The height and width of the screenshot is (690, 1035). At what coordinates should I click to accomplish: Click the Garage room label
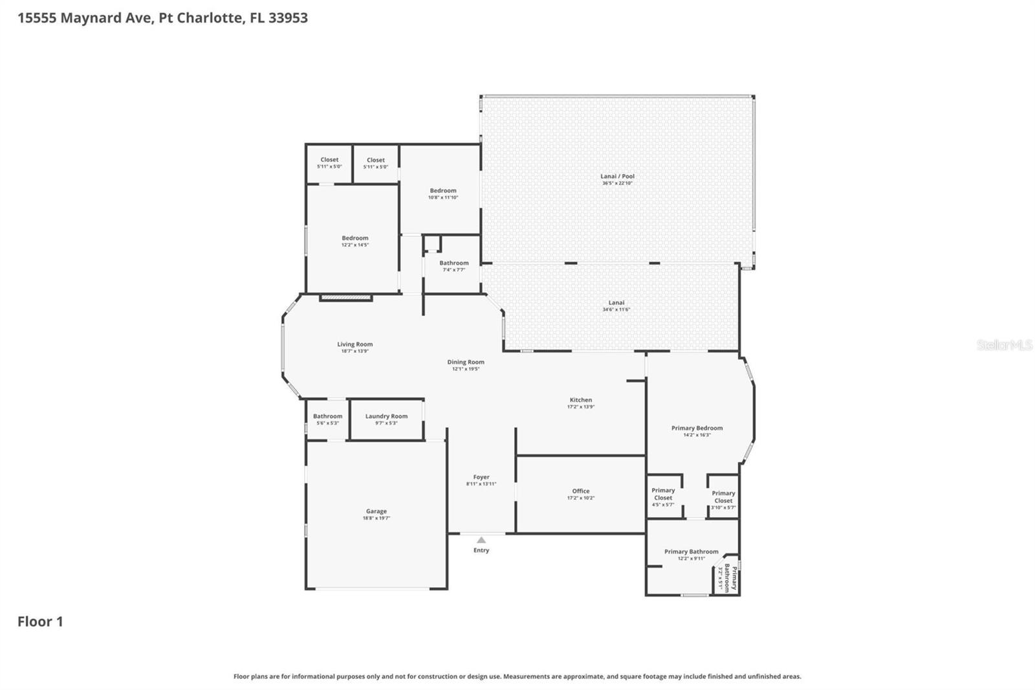[x=376, y=511]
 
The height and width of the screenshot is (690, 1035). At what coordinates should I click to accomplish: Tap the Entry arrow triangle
[x=481, y=540]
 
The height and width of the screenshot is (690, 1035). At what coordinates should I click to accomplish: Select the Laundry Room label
[x=386, y=416]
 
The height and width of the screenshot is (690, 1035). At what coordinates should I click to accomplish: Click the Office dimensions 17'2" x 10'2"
[x=580, y=498]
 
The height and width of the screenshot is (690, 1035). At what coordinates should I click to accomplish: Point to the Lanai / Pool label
[x=617, y=176]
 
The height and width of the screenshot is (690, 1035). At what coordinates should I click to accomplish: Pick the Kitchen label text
[x=580, y=400]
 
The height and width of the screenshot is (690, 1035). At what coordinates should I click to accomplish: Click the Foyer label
[x=481, y=477]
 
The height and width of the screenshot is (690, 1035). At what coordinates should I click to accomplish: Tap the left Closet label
[x=329, y=160]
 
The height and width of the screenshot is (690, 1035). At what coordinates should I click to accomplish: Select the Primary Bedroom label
[x=697, y=428]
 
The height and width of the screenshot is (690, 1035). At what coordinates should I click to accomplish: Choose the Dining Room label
[x=466, y=362]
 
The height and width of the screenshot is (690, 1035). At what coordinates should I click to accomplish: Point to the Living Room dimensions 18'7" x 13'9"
[x=354, y=351]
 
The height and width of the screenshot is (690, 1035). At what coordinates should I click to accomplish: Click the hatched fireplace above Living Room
[x=346, y=298]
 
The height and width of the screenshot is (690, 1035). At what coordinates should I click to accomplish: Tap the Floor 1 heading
[x=40, y=621]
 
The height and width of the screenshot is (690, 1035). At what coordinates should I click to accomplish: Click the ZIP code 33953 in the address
[x=288, y=17]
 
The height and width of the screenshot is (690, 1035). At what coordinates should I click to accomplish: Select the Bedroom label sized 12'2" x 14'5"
[x=355, y=238]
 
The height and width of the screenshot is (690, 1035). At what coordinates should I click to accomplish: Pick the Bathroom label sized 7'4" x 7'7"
[x=454, y=263]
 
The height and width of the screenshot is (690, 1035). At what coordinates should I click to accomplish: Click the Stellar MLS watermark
[x=1004, y=345]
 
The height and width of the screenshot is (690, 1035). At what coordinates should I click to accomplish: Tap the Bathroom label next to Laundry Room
[x=327, y=416]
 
